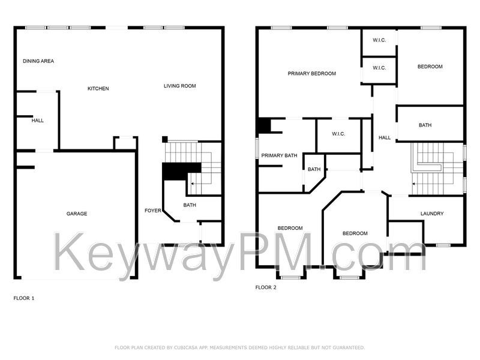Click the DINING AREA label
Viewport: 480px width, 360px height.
[38, 61]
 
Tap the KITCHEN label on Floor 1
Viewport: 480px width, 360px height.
[98, 88]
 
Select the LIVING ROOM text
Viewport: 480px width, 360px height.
[179, 86]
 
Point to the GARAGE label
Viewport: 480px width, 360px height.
[77, 214]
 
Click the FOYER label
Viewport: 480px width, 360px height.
[153, 211]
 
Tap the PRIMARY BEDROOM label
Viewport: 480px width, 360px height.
[311, 73]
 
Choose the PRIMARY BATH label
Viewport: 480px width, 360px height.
[279, 155]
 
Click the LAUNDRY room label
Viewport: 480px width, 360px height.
[432, 214]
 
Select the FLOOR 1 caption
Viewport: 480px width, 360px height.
[24, 298]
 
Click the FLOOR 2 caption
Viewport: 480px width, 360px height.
[266, 287]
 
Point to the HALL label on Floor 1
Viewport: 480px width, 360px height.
[38, 121]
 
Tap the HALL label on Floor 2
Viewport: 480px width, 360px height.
[385, 138]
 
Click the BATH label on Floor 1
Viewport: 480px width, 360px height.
[190, 205]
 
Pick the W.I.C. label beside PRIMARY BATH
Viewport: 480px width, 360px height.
[338, 134]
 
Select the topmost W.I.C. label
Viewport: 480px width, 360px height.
[379, 40]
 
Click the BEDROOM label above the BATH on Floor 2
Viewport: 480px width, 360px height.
[430, 67]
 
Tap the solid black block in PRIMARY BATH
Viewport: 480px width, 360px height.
[265, 125]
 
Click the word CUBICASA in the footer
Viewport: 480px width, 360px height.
[187, 347]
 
